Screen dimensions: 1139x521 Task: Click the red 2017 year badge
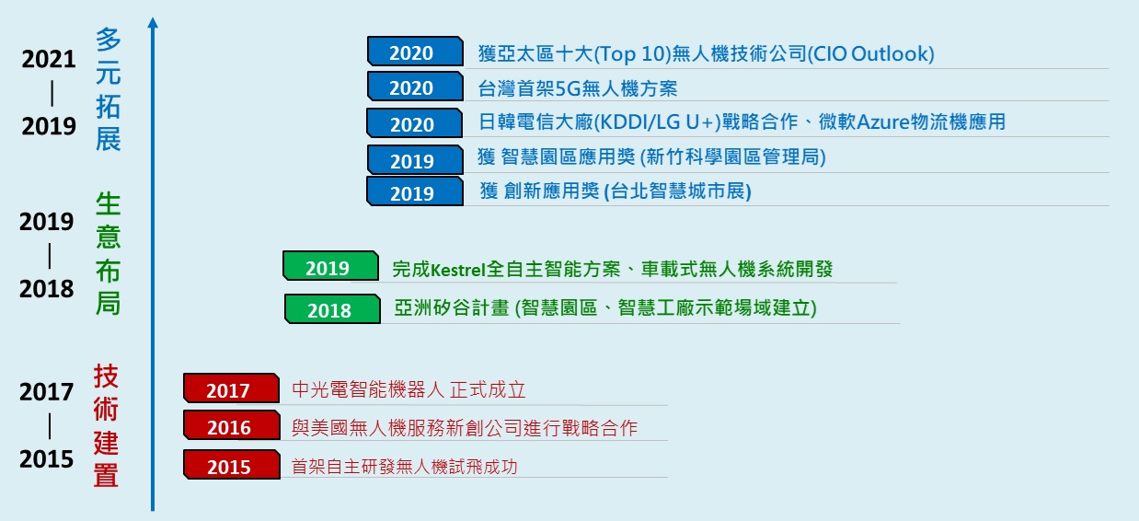[x=231, y=388]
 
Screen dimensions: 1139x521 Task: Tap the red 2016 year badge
[x=232, y=425]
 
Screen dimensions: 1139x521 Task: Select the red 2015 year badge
[x=232, y=465]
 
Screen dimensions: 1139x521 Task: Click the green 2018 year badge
[x=332, y=309]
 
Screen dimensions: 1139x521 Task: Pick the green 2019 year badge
[x=330, y=266]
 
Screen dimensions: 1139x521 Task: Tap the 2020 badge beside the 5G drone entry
[x=416, y=87]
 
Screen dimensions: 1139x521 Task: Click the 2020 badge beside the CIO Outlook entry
[x=416, y=52]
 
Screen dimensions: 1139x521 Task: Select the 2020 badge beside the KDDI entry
[x=415, y=123]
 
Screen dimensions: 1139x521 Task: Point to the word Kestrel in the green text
[x=458, y=270]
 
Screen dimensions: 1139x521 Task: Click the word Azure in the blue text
[x=883, y=122]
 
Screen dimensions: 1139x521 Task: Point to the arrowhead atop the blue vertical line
[x=153, y=22]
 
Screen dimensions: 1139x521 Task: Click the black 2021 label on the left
[x=49, y=60]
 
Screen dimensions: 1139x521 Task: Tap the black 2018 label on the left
[x=47, y=289]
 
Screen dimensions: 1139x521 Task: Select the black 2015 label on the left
[x=47, y=459]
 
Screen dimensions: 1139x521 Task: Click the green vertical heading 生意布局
[x=108, y=253]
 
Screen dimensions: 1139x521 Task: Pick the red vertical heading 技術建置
[x=106, y=425]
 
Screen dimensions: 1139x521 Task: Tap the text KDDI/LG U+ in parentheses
[x=658, y=122]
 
